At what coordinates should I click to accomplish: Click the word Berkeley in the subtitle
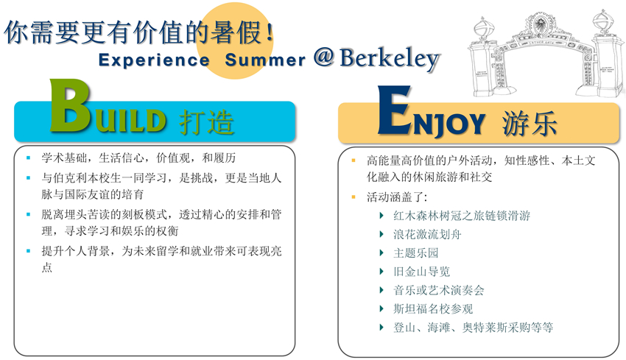coord(390,60)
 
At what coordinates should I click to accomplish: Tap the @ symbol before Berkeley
coord(323,57)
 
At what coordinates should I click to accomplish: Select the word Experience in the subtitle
coord(154,60)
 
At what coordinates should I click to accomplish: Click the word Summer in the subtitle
coord(265,60)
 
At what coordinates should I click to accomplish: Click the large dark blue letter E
coord(395,110)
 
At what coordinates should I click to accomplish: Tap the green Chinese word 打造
coord(206,121)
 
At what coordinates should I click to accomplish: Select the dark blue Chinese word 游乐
coord(530,123)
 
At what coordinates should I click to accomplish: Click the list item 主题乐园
coord(415,253)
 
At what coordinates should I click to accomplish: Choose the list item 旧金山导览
coord(421,272)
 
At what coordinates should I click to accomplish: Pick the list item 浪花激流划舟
coord(427,234)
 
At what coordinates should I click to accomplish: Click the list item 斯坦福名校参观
coord(433,308)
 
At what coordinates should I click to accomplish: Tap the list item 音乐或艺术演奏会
coord(438,290)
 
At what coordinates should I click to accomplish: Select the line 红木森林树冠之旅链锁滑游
coord(462,216)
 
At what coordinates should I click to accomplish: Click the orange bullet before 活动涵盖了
coord(354,197)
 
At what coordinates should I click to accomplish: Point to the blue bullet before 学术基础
coord(28,158)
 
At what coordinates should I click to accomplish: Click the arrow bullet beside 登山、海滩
coord(381,328)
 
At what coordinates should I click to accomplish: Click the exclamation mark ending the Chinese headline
coord(270,32)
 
